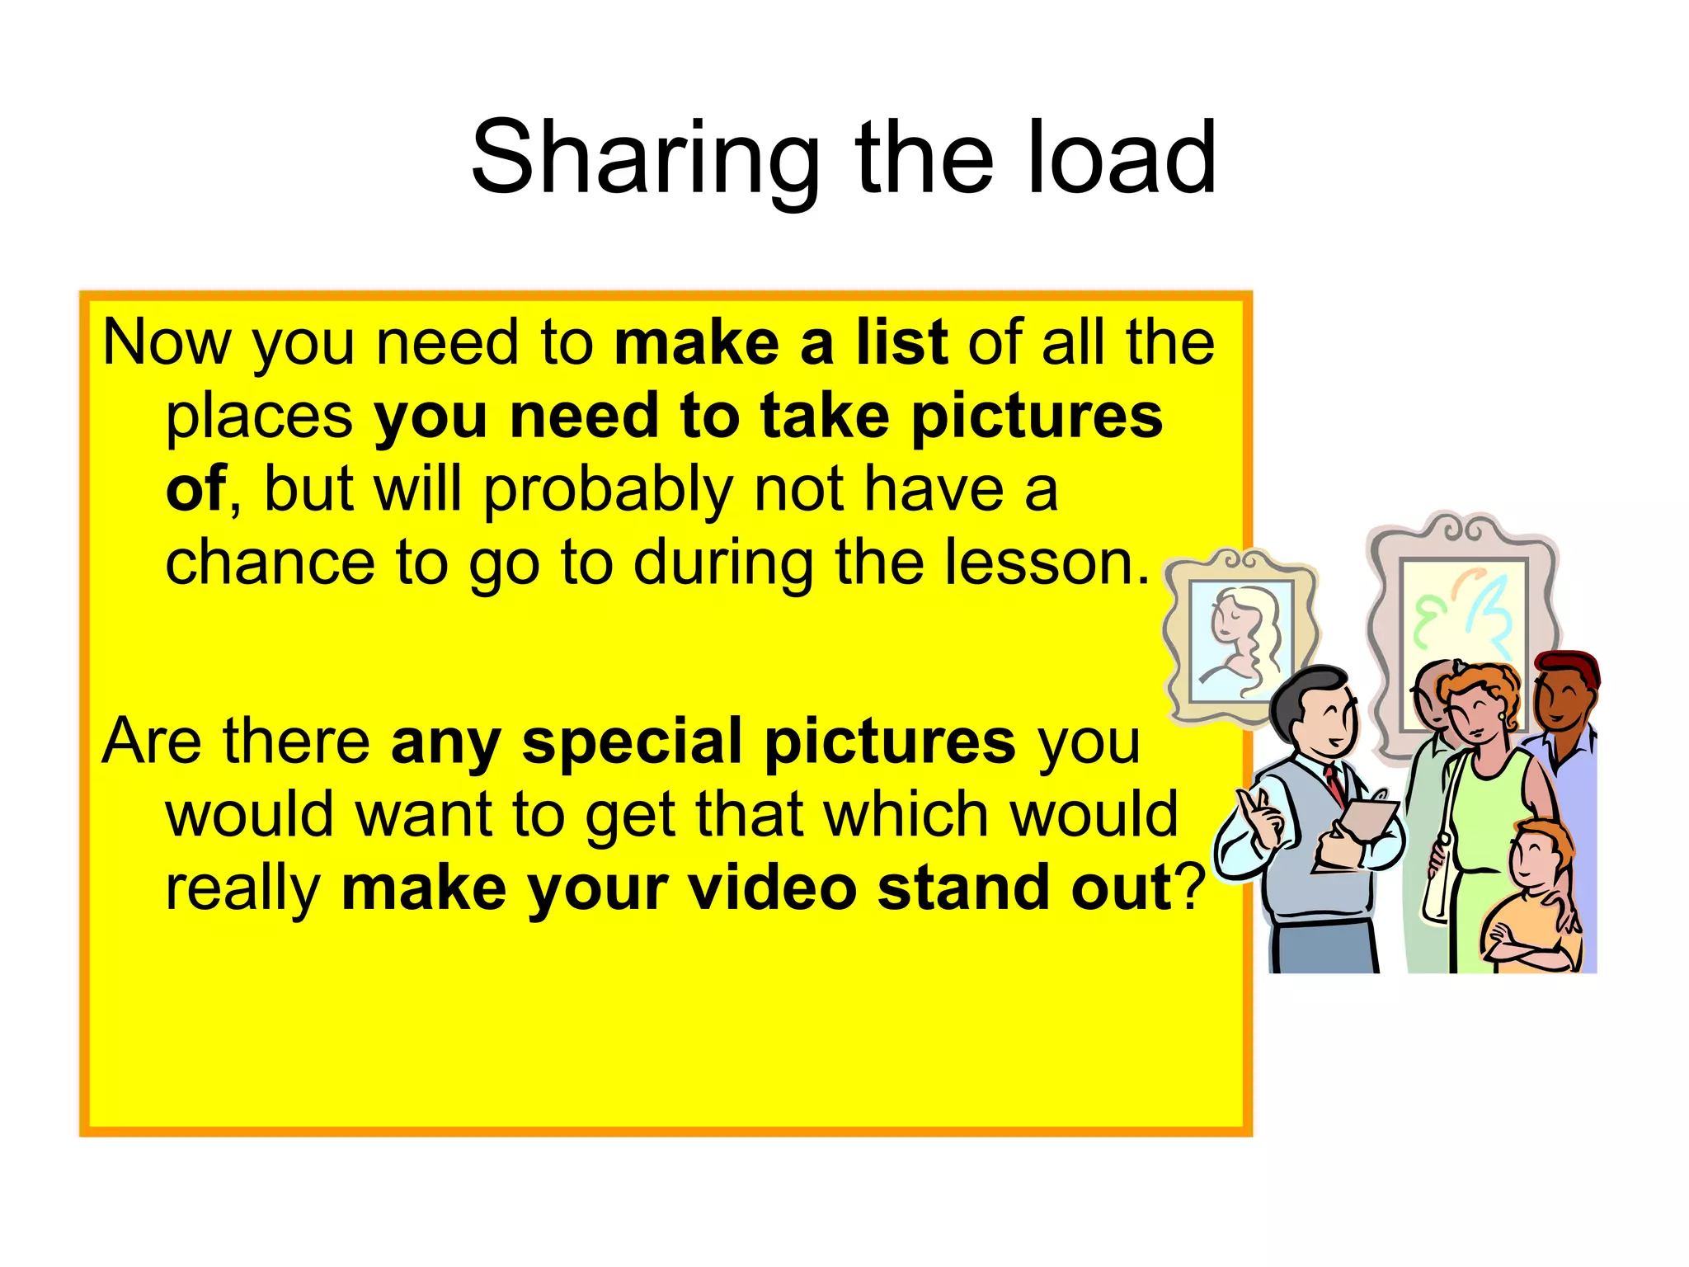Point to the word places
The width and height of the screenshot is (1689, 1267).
tap(260, 416)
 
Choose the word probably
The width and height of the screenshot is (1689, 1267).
tap(607, 490)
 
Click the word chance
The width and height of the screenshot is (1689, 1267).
tap(270, 563)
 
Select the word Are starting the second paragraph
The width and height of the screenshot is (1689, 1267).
tap(152, 741)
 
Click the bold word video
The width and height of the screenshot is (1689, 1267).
tap(772, 888)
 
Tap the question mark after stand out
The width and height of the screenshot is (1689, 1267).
tap(1189, 888)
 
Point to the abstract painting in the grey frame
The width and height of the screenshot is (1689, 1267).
tap(1463, 615)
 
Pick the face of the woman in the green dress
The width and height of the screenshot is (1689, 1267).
tap(1478, 714)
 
